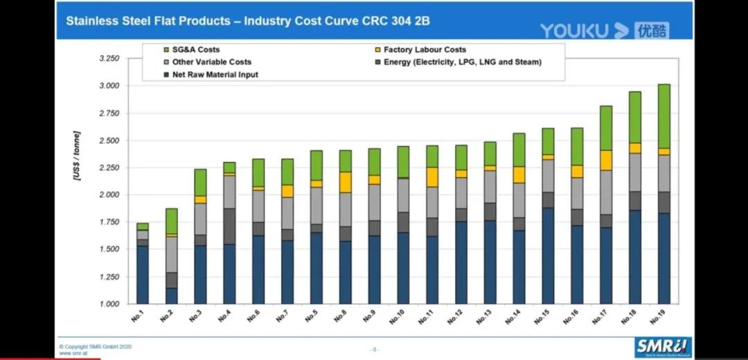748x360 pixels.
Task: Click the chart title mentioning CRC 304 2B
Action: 247,21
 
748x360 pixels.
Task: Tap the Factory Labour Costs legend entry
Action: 425,50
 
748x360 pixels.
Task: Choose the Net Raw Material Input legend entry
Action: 215,75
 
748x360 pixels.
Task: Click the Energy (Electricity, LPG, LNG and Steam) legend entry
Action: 462,62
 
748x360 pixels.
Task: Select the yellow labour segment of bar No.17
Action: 605,160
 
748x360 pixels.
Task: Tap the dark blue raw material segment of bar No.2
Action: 172,296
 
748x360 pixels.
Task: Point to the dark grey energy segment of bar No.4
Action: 229,226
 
